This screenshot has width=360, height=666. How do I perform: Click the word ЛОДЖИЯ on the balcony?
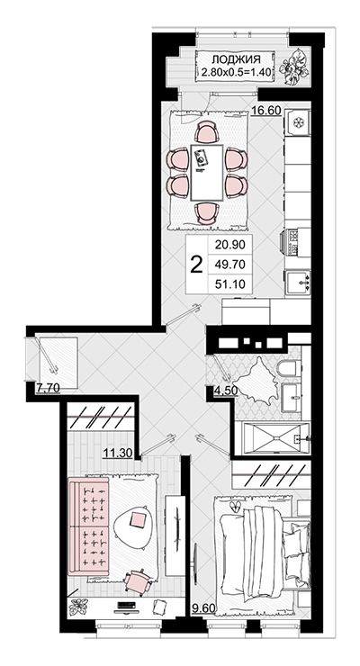pyautogui.click(x=236, y=59)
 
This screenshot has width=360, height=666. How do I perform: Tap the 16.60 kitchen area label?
pyautogui.click(x=266, y=111)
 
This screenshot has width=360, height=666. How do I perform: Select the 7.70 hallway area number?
pyautogui.click(x=48, y=387)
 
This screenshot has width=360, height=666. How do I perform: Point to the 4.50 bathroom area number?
pyautogui.click(x=225, y=391)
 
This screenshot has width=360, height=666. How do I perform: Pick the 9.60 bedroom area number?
pyautogui.click(x=203, y=609)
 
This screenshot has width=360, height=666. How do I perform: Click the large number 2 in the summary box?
pyautogui.click(x=196, y=265)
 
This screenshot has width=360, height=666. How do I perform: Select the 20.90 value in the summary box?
pyautogui.click(x=230, y=245)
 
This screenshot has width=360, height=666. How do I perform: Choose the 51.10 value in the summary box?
pyautogui.click(x=230, y=284)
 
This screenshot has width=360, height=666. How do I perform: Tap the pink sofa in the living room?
pyautogui.click(x=89, y=526)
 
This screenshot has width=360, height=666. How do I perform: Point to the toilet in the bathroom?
pyautogui.click(x=289, y=369)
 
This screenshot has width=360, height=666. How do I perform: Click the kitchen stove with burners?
pyautogui.click(x=294, y=242)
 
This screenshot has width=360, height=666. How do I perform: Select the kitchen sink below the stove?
pyautogui.click(x=298, y=281)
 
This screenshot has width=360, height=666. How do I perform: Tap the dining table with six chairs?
pyautogui.click(x=207, y=173)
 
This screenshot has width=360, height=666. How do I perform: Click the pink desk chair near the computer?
pyautogui.click(x=138, y=582)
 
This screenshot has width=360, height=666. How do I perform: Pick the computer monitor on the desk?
pyautogui.click(x=126, y=607)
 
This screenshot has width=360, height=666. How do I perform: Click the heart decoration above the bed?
pyautogui.click(x=235, y=506)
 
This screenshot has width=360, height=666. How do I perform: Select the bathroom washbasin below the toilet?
pyautogui.click(x=292, y=397)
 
